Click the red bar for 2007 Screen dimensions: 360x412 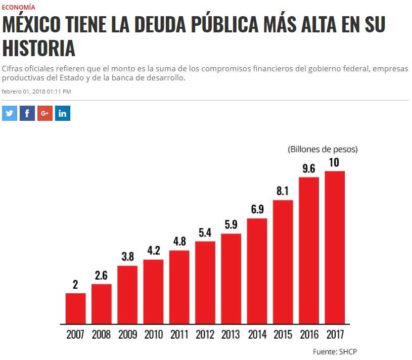(x=75, y=308)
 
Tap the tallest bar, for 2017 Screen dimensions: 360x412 (x=335, y=247)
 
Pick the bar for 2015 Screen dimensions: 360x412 (x=283, y=261)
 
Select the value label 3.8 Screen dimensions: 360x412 (x=127, y=257)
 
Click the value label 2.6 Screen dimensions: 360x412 (x=102, y=276)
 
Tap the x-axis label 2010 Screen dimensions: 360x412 (x=153, y=334)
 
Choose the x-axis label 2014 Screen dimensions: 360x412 (x=257, y=334)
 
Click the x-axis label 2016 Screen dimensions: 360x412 (x=309, y=334)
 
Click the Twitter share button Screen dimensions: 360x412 (x=10, y=113)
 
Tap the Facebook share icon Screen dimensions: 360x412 (x=27, y=113)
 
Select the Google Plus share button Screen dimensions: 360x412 (x=45, y=113)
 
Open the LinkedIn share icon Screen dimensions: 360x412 (x=63, y=113)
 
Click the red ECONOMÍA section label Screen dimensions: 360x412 (x=19, y=7)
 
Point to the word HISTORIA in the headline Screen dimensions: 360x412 (x=39, y=49)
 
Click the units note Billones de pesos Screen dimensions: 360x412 (x=323, y=149)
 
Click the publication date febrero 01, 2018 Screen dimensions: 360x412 (x=36, y=92)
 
